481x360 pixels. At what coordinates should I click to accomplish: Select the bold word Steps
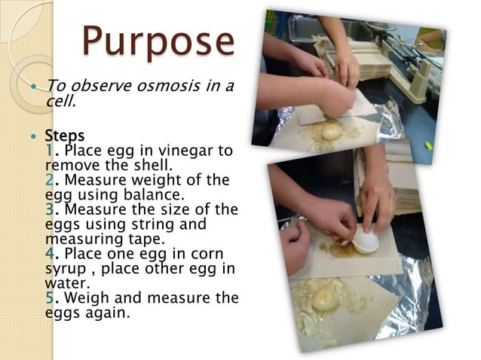tap(65, 136)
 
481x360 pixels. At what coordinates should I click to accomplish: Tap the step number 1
tap(50, 151)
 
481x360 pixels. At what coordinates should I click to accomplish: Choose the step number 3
tap(51, 208)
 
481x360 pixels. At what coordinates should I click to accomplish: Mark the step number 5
tap(51, 297)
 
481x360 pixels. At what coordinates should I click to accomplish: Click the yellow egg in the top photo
tap(332, 133)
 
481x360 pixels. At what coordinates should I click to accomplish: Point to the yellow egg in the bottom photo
tap(325, 297)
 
